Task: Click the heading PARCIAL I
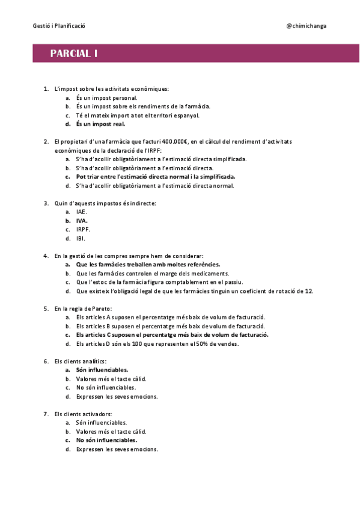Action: click(x=75, y=54)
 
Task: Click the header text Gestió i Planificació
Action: click(x=59, y=26)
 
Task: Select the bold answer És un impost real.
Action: click(x=100, y=124)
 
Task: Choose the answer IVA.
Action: click(x=82, y=221)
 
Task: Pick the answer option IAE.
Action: click(x=82, y=212)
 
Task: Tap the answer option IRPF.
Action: click(x=83, y=229)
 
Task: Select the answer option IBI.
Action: click(x=81, y=238)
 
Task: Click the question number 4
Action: click(x=46, y=256)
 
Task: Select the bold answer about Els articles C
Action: click(x=172, y=334)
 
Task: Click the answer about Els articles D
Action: click(x=157, y=343)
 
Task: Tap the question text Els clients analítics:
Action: click(x=80, y=361)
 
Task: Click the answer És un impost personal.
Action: click(x=106, y=97)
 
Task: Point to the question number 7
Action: click(x=46, y=414)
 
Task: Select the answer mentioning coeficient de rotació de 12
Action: click(x=194, y=291)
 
